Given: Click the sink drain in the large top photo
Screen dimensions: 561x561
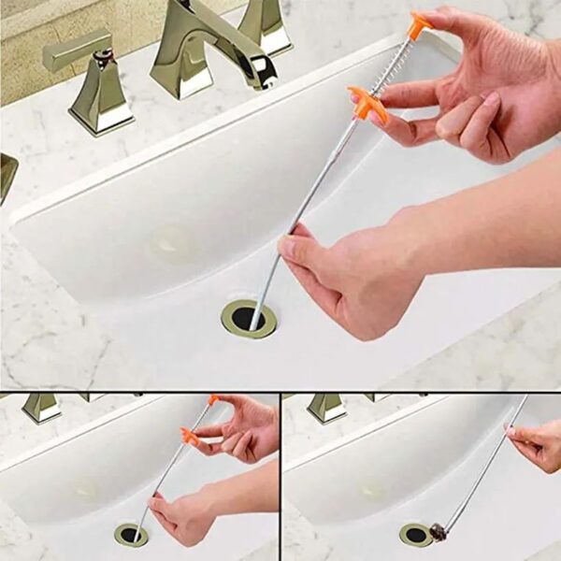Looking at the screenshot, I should pyautogui.click(x=249, y=319).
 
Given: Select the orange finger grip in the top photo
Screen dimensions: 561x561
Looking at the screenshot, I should pyautogui.click(x=367, y=102).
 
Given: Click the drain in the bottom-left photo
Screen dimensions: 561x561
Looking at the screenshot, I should pyautogui.click(x=131, y=535).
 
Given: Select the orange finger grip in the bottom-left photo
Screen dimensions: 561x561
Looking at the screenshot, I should pyautogui.click(x=191, y=436).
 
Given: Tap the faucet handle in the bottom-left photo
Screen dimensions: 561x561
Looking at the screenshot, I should pyautogui.click(x=42, y=406).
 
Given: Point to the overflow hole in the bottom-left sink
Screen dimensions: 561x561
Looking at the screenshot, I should pyautogui.click(x=87, y=488).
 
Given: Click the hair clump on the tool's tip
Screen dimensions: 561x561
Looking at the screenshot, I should pyautogui.click(x=438, y=533).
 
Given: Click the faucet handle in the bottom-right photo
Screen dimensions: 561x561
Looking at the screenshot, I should pyautogui.click(x=326, y=406).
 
